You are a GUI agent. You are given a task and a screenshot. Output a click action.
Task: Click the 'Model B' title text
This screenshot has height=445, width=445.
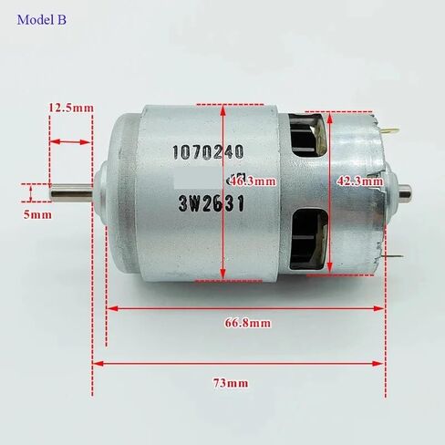[x=42, y=20]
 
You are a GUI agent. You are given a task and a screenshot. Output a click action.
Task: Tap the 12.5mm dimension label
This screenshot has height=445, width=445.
[x=71, y=108]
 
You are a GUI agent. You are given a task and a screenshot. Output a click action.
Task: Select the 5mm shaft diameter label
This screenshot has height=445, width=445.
[x=37, y=214]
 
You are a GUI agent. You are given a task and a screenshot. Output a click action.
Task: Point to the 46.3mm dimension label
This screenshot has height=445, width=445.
[x=254, y=181]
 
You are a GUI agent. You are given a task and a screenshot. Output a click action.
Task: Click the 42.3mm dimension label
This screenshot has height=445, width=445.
[x=360, y=181]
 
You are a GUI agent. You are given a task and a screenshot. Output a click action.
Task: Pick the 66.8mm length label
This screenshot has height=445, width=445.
[x=248, y=323]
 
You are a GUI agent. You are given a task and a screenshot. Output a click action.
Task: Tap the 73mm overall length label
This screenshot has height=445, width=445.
[x=231, y=383]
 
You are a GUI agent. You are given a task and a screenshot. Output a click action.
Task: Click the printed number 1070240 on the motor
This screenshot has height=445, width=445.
[x=208, y=151]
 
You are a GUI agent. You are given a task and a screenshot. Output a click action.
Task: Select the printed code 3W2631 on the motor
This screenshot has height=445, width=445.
[x=212, y=203]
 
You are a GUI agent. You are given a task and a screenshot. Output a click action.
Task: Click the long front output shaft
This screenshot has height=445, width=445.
[x=71, y=193]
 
